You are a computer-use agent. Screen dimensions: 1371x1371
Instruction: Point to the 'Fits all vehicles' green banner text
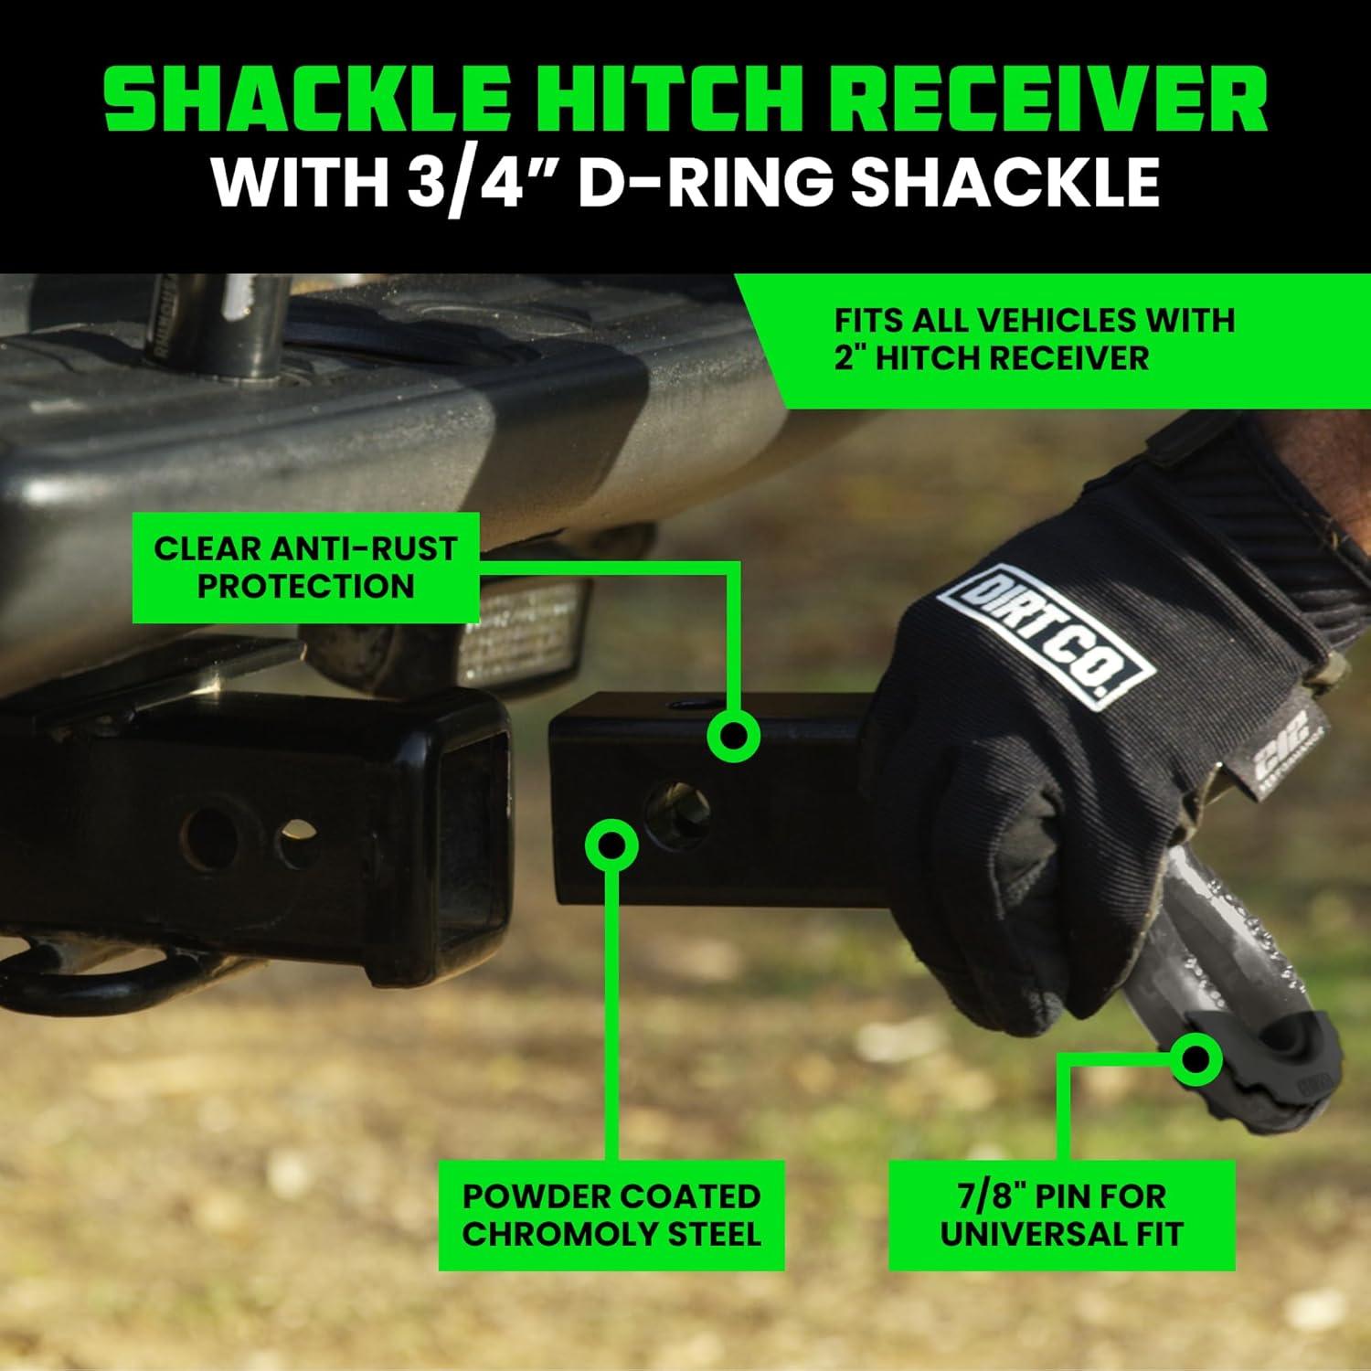pyautogui.click(x=1033, y=338)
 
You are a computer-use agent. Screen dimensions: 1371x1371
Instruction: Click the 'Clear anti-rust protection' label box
pyautogui.click(x=305, y=567)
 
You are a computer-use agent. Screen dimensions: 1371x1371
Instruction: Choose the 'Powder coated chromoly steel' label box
pyautogui.click(x=611, y=1215)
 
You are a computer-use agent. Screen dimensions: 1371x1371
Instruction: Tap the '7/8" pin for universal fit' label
pyautogui.click(x=1061, y=1215)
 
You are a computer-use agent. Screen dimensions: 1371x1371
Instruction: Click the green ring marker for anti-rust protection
pyautogui.click(x=734, y=736)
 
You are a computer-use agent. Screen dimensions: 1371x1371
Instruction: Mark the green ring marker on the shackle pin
pyautogui.click(x=1196, y=1058)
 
